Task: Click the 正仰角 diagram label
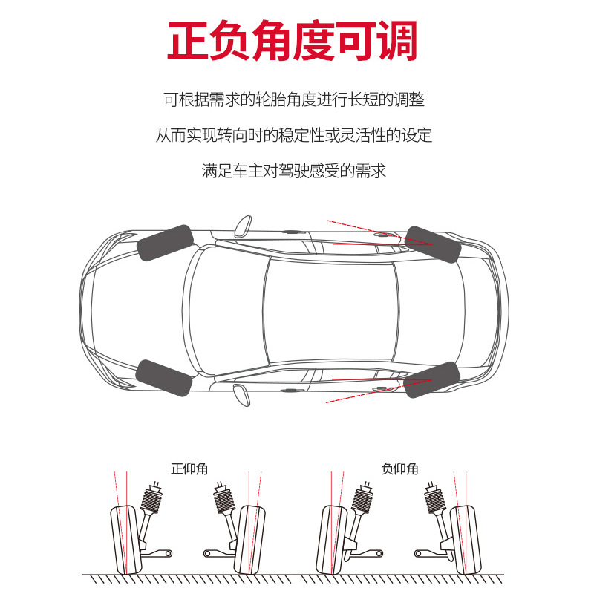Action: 189,469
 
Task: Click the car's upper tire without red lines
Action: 165,243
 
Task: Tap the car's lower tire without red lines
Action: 165,379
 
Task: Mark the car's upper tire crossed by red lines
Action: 434,244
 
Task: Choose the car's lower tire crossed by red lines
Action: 433,379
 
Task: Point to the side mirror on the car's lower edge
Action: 242,394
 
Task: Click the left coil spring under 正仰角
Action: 152,497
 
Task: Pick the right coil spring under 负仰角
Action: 436,497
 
